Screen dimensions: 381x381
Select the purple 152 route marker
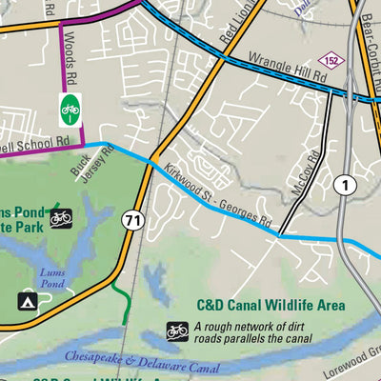coord(330,60)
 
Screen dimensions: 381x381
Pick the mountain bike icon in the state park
coord(60,218)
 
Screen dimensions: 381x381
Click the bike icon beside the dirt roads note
coord(177,331)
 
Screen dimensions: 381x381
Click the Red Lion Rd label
coord(237,30)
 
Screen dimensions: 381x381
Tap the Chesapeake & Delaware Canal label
coord(138,361)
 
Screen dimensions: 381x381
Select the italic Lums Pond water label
coord(51,276)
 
